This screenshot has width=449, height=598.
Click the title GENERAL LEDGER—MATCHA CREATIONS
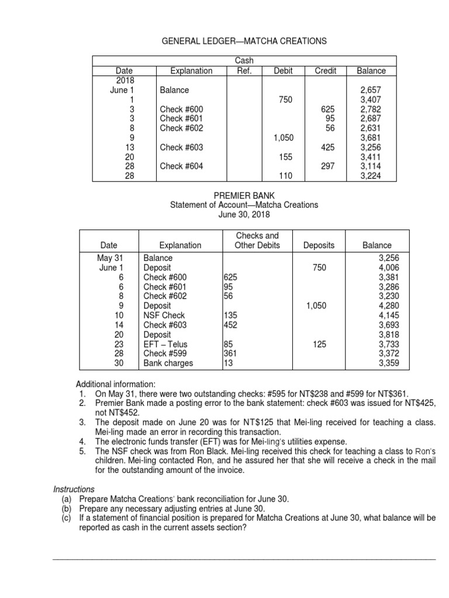coord(243,41)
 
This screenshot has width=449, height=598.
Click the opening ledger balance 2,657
coord(371,91)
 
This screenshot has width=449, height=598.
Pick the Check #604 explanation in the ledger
coord(181,166)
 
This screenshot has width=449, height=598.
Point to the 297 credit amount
coord(330,166)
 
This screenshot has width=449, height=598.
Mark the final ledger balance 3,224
coord(371,176)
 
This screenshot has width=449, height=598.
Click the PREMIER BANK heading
coord(243,194)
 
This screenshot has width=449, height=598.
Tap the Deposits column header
coord(319,245)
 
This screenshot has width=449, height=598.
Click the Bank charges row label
coord(168,363)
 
